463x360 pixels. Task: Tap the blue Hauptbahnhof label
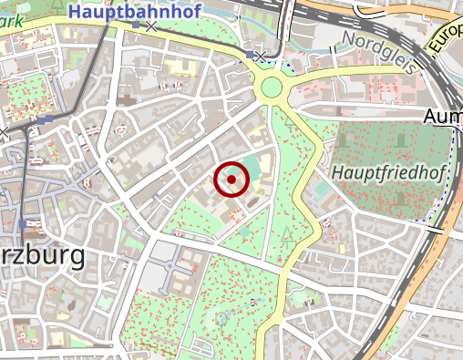[x=135, y=13]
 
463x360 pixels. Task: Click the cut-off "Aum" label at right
[x=443, y=118]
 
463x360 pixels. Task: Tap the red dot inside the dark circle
[x=231, y=180]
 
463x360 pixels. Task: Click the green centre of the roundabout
[x=272, y=88]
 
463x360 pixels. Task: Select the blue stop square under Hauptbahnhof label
[x=136, y=26]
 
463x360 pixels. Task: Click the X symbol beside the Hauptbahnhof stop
[x=151, y=26]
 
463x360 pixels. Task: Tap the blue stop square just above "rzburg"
[x=23, y=223]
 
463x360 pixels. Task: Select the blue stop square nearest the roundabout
[x=250, y=56]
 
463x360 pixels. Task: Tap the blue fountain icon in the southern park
[x=221, y=319]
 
